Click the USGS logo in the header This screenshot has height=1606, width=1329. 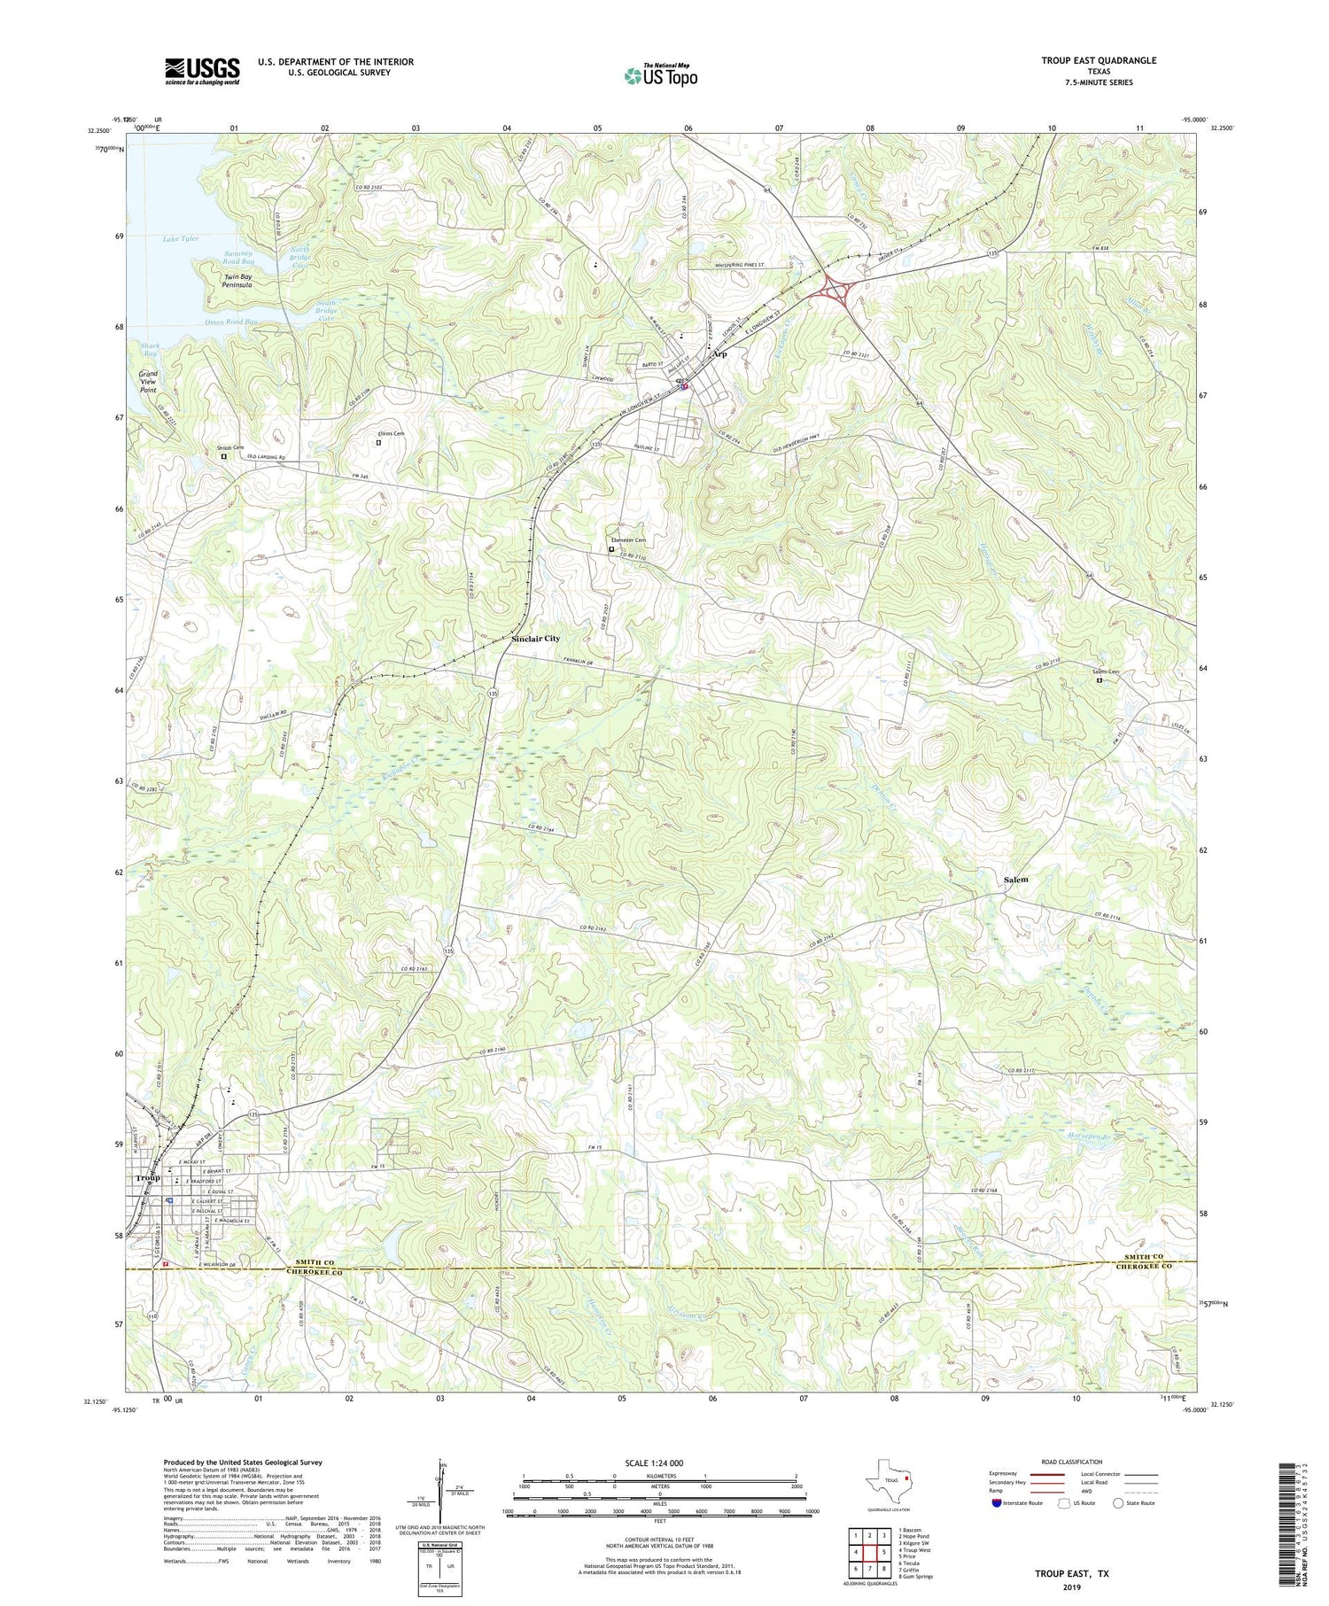(x=202, y=71)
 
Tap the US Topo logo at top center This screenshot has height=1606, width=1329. (x=660, y=76)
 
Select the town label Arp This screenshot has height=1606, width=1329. (x=720, y=354)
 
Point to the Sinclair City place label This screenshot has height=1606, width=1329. (x=535, y=639)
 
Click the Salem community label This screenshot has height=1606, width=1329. (x=1016, y=880)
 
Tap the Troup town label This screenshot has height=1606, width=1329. (x=148, y=1178)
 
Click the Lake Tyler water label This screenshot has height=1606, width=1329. (x=181, y=239)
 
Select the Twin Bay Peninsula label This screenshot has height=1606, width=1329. (x=237, y=281)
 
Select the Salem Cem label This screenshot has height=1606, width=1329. (x=1106, y=671)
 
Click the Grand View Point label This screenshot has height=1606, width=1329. (x=147, y=382)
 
